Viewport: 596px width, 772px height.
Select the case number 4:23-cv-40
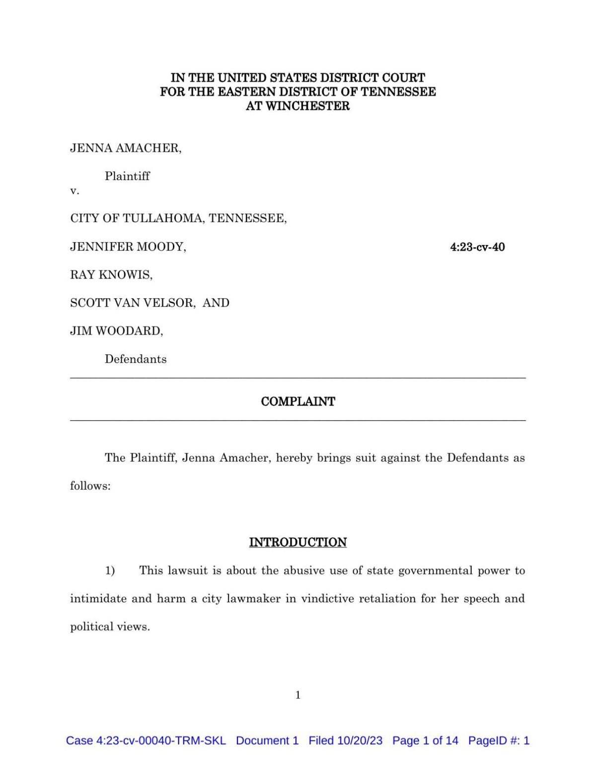coord(477,247)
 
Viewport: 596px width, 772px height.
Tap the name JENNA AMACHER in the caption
coord(125,148)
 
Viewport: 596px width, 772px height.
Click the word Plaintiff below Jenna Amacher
coord(127,176)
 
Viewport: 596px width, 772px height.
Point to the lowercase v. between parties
coord(74,191)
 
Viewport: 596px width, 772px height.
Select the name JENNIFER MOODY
coord(128,247)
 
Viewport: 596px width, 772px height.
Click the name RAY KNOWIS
coord(111,275)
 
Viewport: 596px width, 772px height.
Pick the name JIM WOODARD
coord(116,331)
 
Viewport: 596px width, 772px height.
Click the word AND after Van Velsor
coord(216,303)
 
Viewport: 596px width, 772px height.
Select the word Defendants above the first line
coord(136,359)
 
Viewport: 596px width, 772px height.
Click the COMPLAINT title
coord(298,401)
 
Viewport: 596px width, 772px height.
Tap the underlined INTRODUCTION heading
coord(298,542)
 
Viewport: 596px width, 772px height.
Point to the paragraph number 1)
coord(110,570)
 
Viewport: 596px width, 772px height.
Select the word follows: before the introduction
coord(90,486)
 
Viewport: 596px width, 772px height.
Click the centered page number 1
coord(298,695)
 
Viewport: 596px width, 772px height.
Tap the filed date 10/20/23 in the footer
coord(360,741)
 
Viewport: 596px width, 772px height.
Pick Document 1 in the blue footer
coord(267,741)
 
